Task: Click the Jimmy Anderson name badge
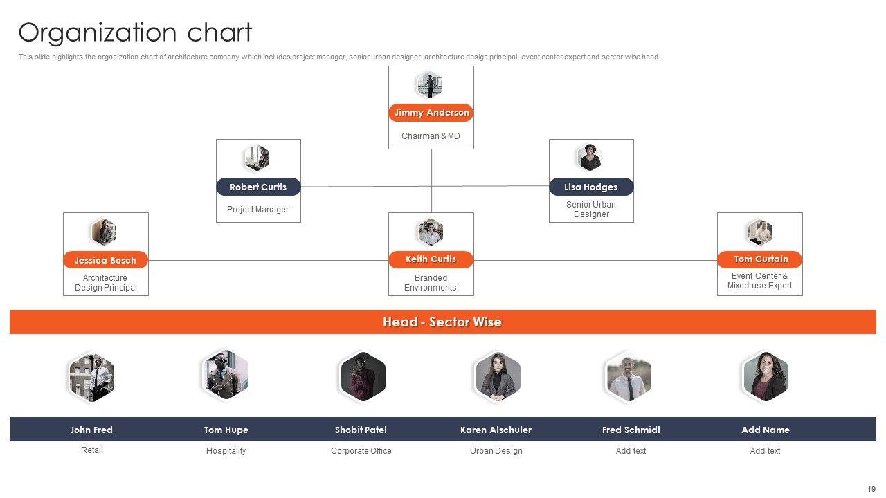[x=431, y=113]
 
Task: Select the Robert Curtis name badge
[x=258, y=187]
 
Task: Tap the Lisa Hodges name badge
[x=591, y=187]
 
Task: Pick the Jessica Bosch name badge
[x=105, y=260]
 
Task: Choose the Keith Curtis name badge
[x=431, y=259]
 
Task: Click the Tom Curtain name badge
[x=760, y=259]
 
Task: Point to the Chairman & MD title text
[x=431, y=136]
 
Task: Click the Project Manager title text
[x=257, y=210]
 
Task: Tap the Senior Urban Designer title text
[x=591, y=210]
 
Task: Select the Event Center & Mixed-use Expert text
[x=759, y=280]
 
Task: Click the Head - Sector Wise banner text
[x=442, y=322]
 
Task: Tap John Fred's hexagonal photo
[x=91, y=377]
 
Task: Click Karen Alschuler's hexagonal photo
[x=497, y=377]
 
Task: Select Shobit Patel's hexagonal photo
[x=362, y=377]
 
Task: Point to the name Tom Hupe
[x=226, y=430]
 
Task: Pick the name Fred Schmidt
[x=631, y=430]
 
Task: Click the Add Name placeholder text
[x=765, y=430]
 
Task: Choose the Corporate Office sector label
[x=361, y=451]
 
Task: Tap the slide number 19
[x=871, y=489]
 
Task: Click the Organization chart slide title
[x=135, y=33]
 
